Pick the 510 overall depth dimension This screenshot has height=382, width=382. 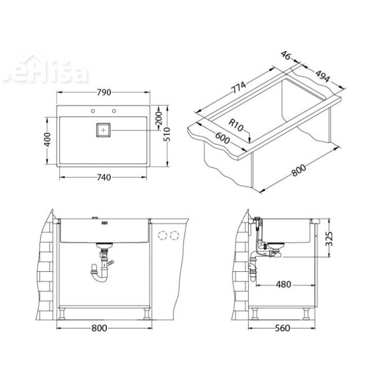(167, 134)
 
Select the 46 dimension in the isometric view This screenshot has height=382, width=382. (286, 58)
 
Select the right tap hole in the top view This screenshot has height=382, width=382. (115, 112)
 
